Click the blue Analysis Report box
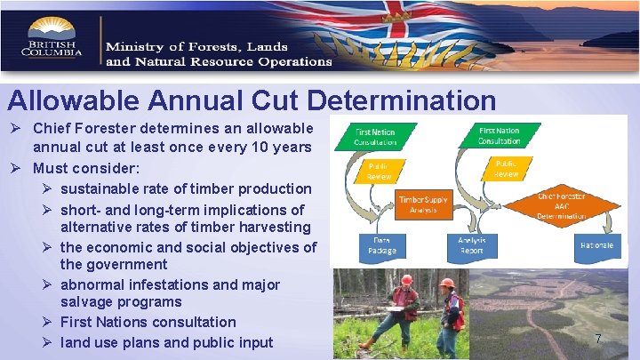pos(471,246)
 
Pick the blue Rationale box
pos(596,245)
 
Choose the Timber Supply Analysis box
pos(422,204)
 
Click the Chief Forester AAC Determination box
pos(562,205)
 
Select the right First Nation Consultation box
pos(499,135)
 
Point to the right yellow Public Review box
pos(506,168)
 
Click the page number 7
pos(598,339)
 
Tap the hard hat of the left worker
pos(406,279)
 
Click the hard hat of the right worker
pos(447,284)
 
